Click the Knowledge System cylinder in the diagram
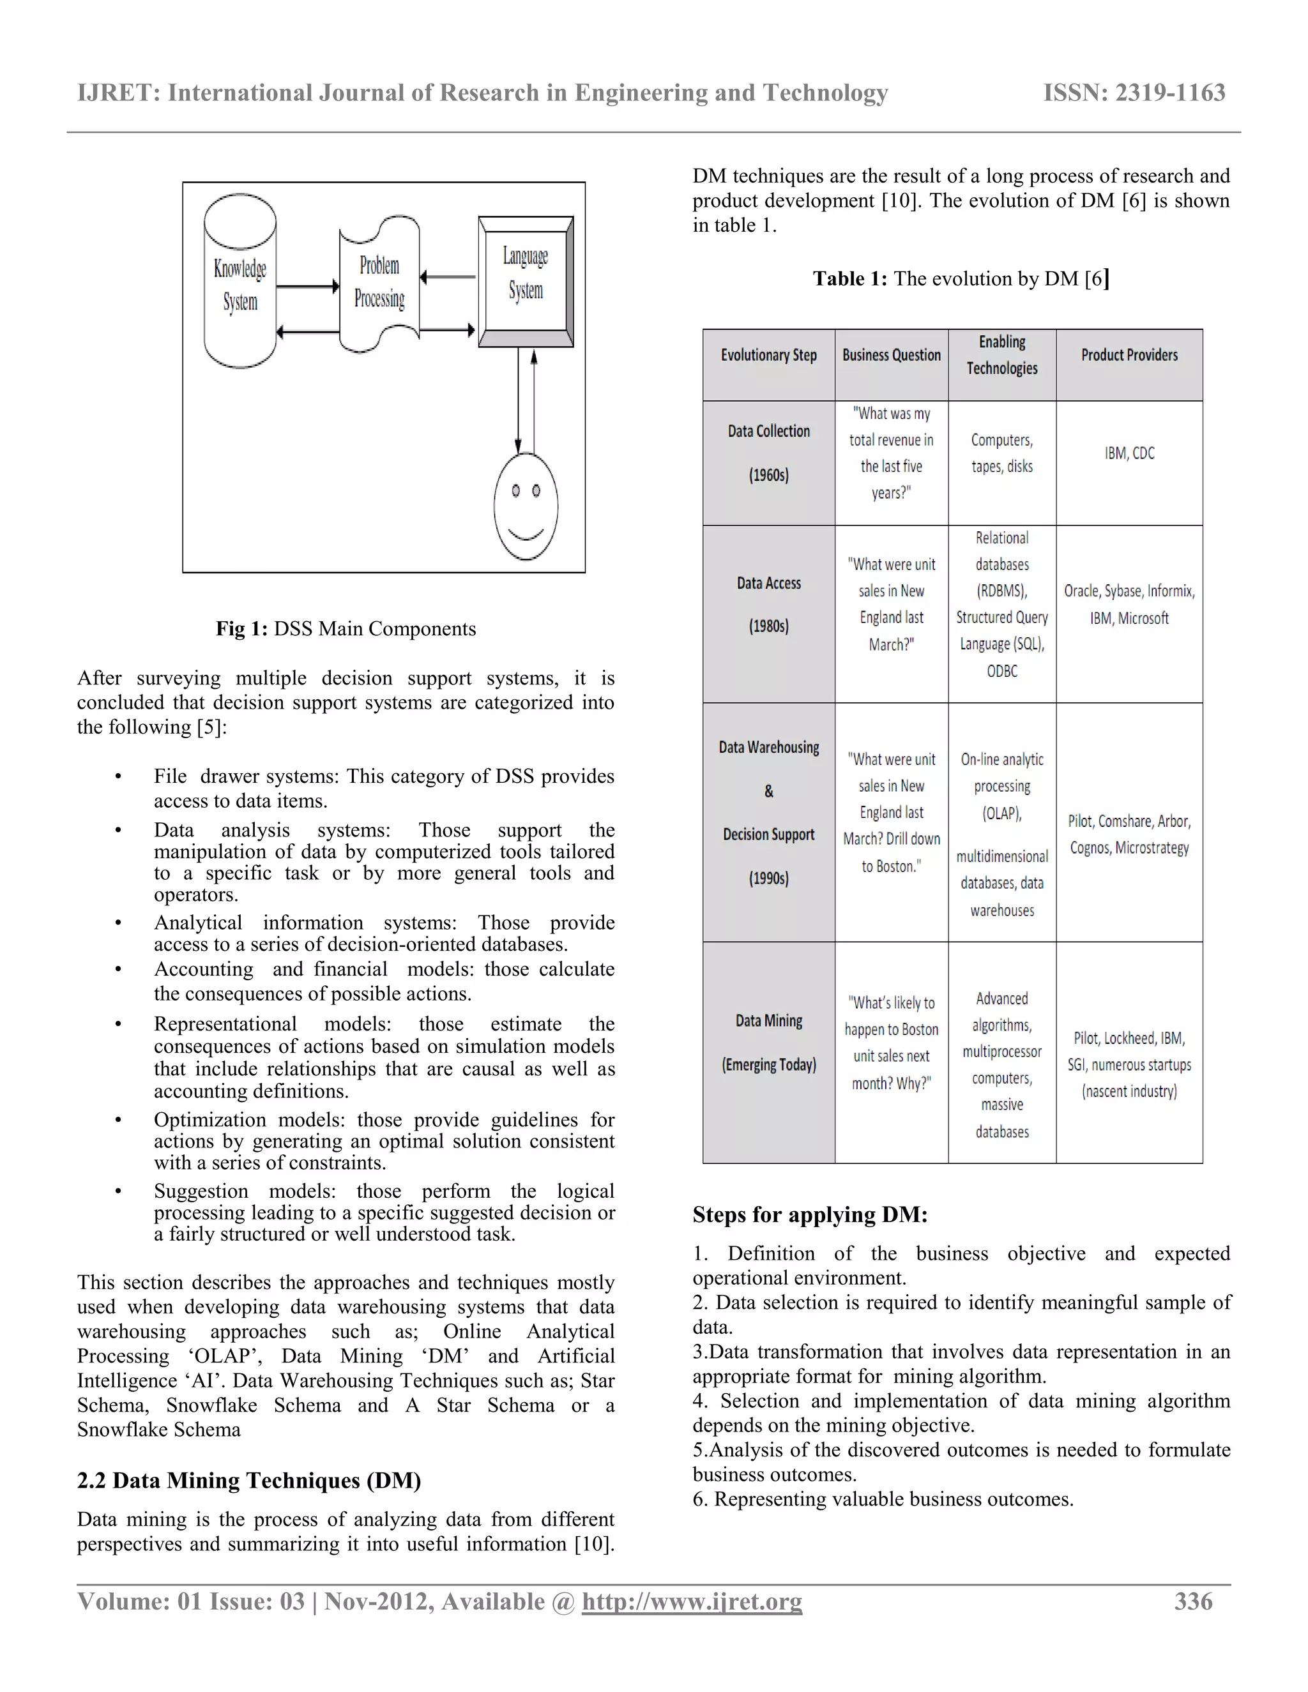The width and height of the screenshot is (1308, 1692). (240, 283)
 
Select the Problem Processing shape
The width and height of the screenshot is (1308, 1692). (380, 283)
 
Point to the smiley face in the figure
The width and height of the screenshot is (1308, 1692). (526, 505)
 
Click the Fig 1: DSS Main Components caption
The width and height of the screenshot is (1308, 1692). (346, 628)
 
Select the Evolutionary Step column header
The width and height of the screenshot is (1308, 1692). (769, 356)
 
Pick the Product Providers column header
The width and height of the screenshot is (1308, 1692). (1129, 356)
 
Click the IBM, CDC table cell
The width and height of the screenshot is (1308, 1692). (1129, 453)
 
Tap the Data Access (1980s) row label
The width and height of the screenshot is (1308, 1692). (769, 604)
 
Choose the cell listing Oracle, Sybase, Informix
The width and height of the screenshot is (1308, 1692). (1129, 604)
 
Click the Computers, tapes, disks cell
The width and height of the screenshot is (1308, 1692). (1002, 453)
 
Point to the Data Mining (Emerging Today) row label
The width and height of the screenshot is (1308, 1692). (769, 1042)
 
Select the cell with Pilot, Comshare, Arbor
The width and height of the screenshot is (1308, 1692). (1129, 835)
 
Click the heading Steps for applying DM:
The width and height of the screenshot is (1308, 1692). (810, 1215)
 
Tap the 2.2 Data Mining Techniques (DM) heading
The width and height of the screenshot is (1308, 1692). (248, 1481)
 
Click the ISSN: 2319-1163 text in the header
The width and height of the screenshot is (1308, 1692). (1134, 93)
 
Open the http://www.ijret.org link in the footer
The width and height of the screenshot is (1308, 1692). (692, 1602)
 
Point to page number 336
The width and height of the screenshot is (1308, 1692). (1193, 1602)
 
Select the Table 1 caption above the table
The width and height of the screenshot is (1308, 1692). (961, 279)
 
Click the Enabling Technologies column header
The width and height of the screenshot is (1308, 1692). (1002, 356)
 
